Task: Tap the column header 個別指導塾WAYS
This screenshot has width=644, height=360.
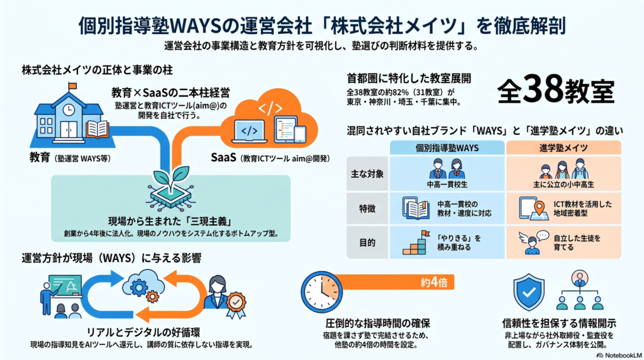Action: pos(447,148)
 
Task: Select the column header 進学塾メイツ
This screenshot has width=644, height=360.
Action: pos(563,148)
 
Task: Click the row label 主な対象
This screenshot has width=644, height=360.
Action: pos(367,174)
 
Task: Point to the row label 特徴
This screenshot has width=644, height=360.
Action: pos(367,209)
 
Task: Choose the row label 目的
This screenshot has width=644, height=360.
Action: pos(367,243)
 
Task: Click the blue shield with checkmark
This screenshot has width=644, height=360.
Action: pos(529,293)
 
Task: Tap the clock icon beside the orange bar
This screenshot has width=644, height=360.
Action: pos(321,292)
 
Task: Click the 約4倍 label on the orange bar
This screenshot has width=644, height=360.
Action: pos(434,283)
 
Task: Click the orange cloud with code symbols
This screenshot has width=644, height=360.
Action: pos(269,118)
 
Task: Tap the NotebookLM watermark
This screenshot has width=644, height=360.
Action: pos(619,355)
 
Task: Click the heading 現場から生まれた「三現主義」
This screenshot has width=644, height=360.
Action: pos(170,221)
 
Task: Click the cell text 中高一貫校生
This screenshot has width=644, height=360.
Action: pos(447,184)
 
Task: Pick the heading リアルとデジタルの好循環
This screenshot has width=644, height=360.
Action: pos(143,332)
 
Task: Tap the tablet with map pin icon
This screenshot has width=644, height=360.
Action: pos(533,208)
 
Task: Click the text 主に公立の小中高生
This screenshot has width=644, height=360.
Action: pos(563,184)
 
